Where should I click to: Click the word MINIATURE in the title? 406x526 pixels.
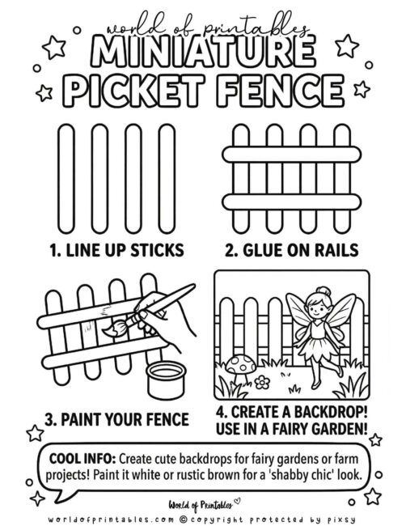click(202, 53)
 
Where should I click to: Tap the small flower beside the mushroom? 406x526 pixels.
click(263, 380)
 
